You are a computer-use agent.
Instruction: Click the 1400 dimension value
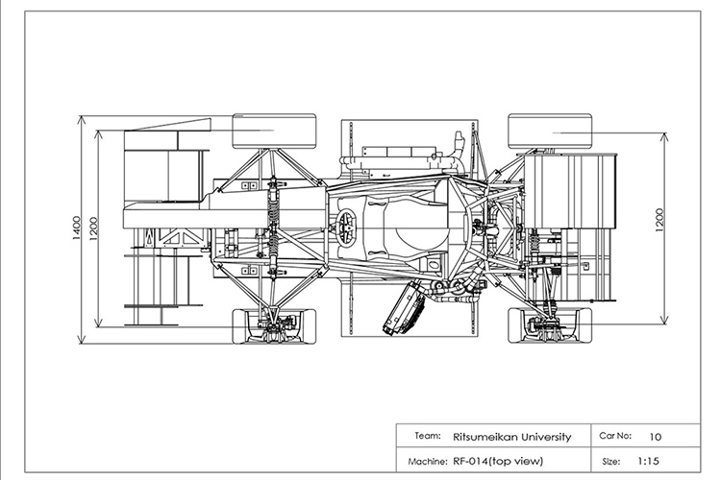76,228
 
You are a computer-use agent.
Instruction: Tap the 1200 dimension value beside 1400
93,228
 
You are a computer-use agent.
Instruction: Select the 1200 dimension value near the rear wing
659,221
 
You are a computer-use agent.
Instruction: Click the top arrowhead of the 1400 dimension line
82,120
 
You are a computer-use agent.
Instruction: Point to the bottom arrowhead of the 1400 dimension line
82,339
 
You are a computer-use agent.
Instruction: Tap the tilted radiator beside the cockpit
403,309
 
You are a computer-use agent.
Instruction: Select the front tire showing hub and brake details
274,326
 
